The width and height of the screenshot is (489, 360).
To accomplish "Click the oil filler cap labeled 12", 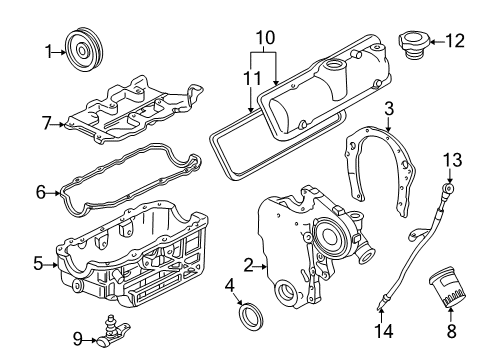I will pos(412,45).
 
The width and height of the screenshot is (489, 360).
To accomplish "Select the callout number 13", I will pos(453,158).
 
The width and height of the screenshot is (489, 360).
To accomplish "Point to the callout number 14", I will pos(379,330).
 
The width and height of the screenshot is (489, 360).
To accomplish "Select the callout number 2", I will pos(247,265).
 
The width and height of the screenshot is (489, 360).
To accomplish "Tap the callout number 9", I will pos(76,338).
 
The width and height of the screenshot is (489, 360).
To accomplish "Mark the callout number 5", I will pos(37,264).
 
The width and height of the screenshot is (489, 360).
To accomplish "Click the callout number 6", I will pos(40,191).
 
